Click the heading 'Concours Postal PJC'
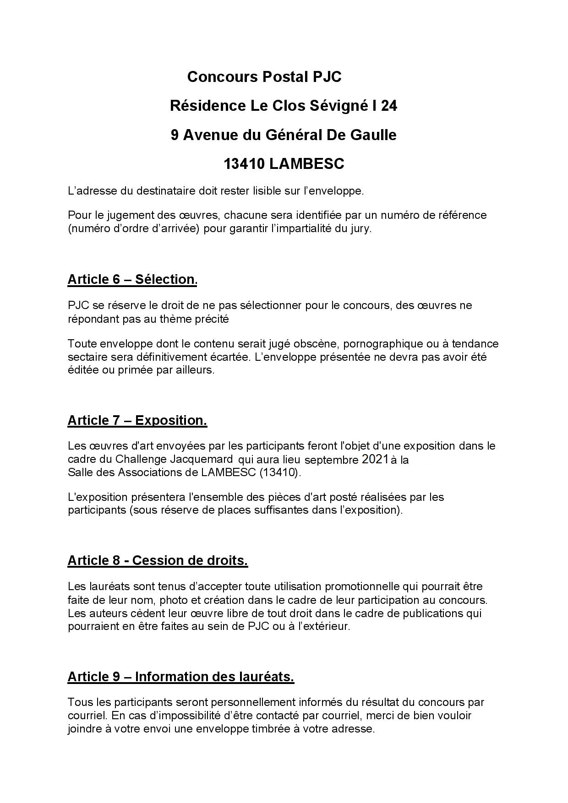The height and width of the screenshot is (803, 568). [x=264, y=77]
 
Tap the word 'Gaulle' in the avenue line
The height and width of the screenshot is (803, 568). [x=374, y=135]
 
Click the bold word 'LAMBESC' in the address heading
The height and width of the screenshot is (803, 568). [x=306, y=164]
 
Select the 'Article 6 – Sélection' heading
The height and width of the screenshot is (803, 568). [x=132, y=279]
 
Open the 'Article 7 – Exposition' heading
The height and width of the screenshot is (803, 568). [x=137, y=420]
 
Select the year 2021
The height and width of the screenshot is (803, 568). [x=375, y=459]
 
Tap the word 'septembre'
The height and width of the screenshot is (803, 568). [x=332, y=460]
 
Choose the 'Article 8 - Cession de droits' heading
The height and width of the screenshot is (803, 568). [x=158, y=560]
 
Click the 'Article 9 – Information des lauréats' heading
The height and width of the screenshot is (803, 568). [x=180, y=677]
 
